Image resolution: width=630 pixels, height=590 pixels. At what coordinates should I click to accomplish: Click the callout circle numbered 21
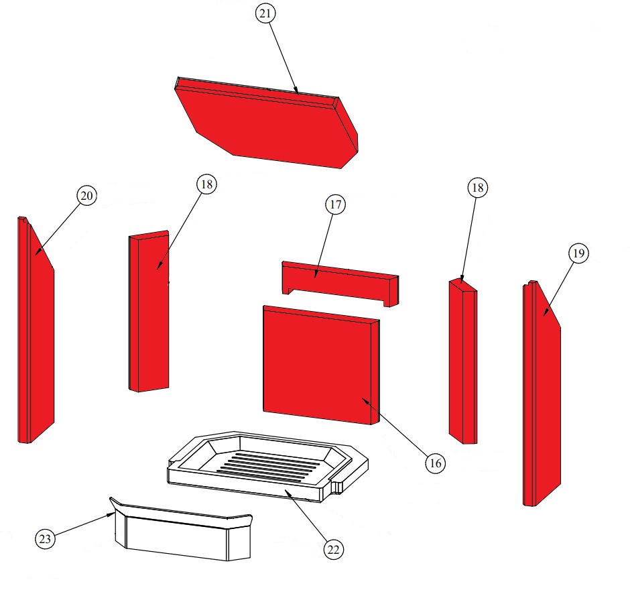[265, 13]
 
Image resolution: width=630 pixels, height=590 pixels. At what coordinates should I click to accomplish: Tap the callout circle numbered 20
[86, 196]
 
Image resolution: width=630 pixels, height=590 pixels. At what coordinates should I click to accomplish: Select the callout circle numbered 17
[336, 204]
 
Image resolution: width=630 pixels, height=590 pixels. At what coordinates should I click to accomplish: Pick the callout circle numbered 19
[578, 253]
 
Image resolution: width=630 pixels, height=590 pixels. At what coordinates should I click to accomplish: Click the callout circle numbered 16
[436, 463]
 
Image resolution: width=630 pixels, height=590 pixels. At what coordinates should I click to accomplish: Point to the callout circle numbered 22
[334, 549]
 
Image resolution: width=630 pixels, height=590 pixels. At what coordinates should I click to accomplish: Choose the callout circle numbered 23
[46, 538]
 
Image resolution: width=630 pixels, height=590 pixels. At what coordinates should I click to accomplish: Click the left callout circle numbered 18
[206, 184]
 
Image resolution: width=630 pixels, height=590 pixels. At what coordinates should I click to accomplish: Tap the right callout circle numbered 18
[478, 187]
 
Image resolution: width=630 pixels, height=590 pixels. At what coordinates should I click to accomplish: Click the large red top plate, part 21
[267, 123]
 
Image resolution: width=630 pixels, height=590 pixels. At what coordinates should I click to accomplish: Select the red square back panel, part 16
[321, 365]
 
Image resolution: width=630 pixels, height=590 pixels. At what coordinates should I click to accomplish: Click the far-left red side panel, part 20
[36, 331]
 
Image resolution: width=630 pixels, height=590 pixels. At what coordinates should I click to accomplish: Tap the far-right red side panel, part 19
[542, 393]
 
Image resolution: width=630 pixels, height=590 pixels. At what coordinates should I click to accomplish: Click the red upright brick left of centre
[149, 311]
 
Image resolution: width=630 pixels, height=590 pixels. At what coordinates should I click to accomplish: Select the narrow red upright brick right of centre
[463, 361]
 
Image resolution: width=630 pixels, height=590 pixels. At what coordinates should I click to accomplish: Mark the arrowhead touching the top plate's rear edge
[296, 91]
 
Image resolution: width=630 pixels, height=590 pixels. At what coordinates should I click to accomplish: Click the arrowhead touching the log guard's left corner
[110, 514]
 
